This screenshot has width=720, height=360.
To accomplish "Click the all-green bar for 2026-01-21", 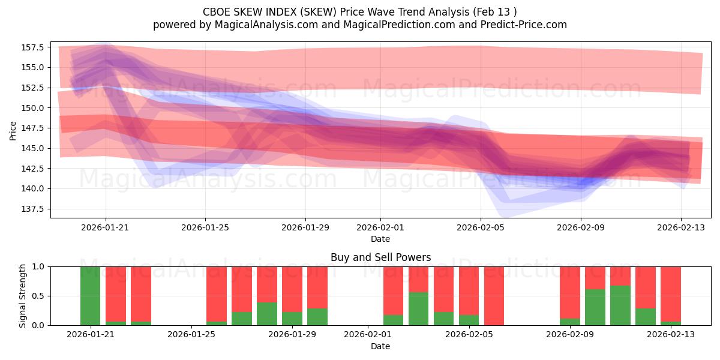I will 91,296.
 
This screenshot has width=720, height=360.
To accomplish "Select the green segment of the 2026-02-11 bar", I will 620,305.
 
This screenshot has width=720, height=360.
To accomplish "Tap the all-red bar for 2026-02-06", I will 494,296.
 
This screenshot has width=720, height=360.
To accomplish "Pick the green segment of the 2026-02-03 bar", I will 418,308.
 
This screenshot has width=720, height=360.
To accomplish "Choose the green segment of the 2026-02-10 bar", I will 595,307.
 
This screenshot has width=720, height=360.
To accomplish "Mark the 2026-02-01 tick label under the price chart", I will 380,227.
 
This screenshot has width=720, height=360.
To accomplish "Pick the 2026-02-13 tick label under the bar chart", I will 671,335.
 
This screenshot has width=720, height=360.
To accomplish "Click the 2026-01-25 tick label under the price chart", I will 205,227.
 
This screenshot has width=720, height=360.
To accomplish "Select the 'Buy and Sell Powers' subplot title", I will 380,257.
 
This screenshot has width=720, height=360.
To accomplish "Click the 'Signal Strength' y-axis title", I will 23,296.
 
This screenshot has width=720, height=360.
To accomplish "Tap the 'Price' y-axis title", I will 13,130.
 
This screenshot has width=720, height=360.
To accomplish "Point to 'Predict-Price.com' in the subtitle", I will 526,25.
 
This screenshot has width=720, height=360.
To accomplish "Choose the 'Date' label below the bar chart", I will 380,346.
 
